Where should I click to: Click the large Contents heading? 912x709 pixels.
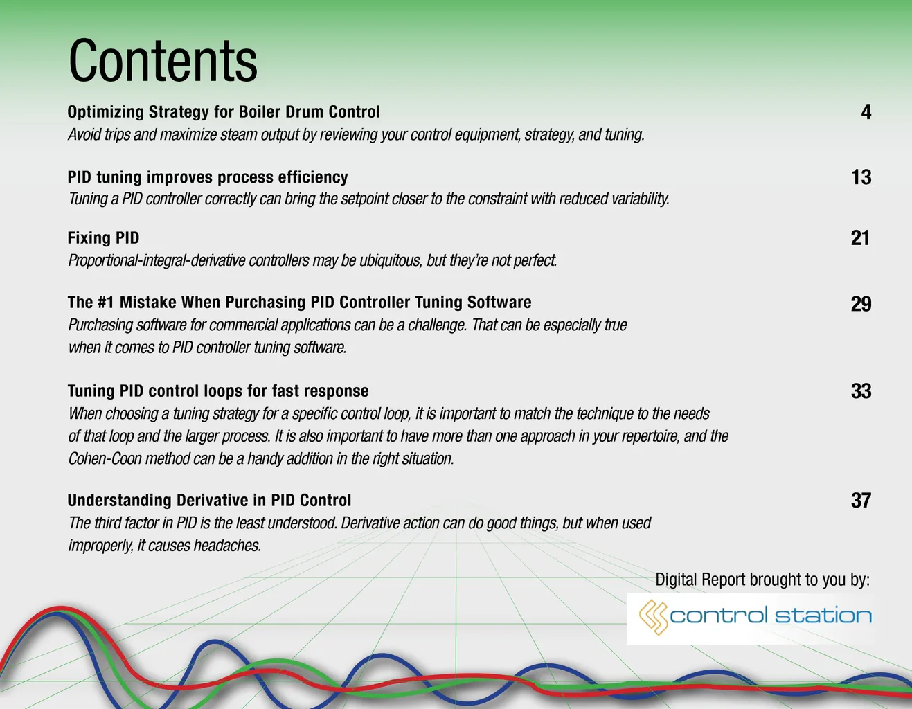click(163, 60)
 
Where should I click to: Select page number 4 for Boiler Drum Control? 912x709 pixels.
click(866, 112)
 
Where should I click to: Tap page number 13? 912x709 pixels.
click(861, 177)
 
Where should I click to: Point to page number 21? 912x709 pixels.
click(860, 238)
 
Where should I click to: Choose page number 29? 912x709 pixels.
click(861, 304)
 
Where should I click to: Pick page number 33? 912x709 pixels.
click(861, 391)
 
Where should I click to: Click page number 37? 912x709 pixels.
click(861, 500)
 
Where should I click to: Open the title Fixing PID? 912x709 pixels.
click(103, 238)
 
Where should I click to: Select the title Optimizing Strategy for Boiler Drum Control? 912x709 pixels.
click(224, 112)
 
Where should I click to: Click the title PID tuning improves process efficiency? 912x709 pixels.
click(208, 177)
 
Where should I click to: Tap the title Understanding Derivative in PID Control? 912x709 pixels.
click(209, 500)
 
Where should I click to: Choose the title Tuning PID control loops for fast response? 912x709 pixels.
click(218, 391)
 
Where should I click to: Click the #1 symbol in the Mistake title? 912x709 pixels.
click(105, 302)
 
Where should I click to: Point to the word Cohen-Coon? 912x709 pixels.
click(105, 458)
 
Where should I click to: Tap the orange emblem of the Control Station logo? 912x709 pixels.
click(654, 618)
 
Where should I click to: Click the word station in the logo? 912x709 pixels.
click(823, 616)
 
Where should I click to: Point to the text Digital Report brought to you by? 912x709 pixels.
click(762, 580)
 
